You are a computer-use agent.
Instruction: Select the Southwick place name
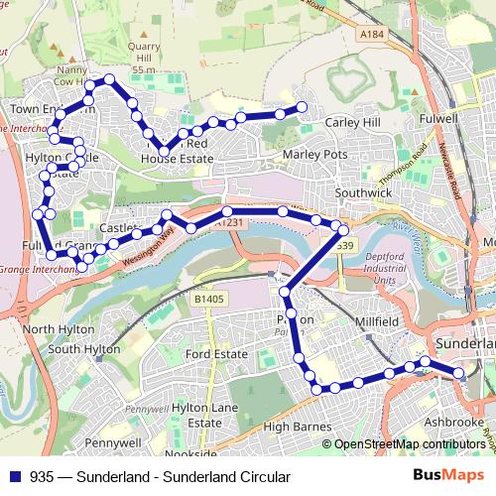pyautogui.click(x=364, y=191)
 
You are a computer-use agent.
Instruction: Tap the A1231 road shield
pyautogui.click(x=229, y=223)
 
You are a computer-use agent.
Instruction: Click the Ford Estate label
pyautogui.click(x=215, y=354)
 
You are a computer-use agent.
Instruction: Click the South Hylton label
pyautogui.click(x=84, y=349)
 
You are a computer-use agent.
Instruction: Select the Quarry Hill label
pyautogui.click(x=144, y=50)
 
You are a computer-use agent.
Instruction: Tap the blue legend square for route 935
pyautogui.click(x=13, y=477)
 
